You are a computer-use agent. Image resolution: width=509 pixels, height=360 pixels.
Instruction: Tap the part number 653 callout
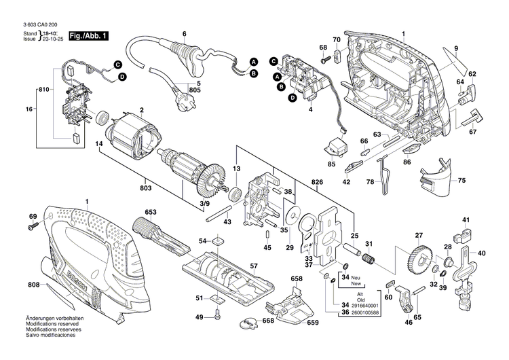(151, 213)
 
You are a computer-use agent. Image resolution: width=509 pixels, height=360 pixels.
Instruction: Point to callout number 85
(332, 164)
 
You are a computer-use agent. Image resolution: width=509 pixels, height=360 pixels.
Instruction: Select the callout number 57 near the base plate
(254, 266)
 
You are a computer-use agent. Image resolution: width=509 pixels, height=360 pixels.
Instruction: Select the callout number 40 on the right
(482, 253)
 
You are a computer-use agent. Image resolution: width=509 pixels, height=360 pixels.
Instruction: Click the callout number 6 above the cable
(183, 33)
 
